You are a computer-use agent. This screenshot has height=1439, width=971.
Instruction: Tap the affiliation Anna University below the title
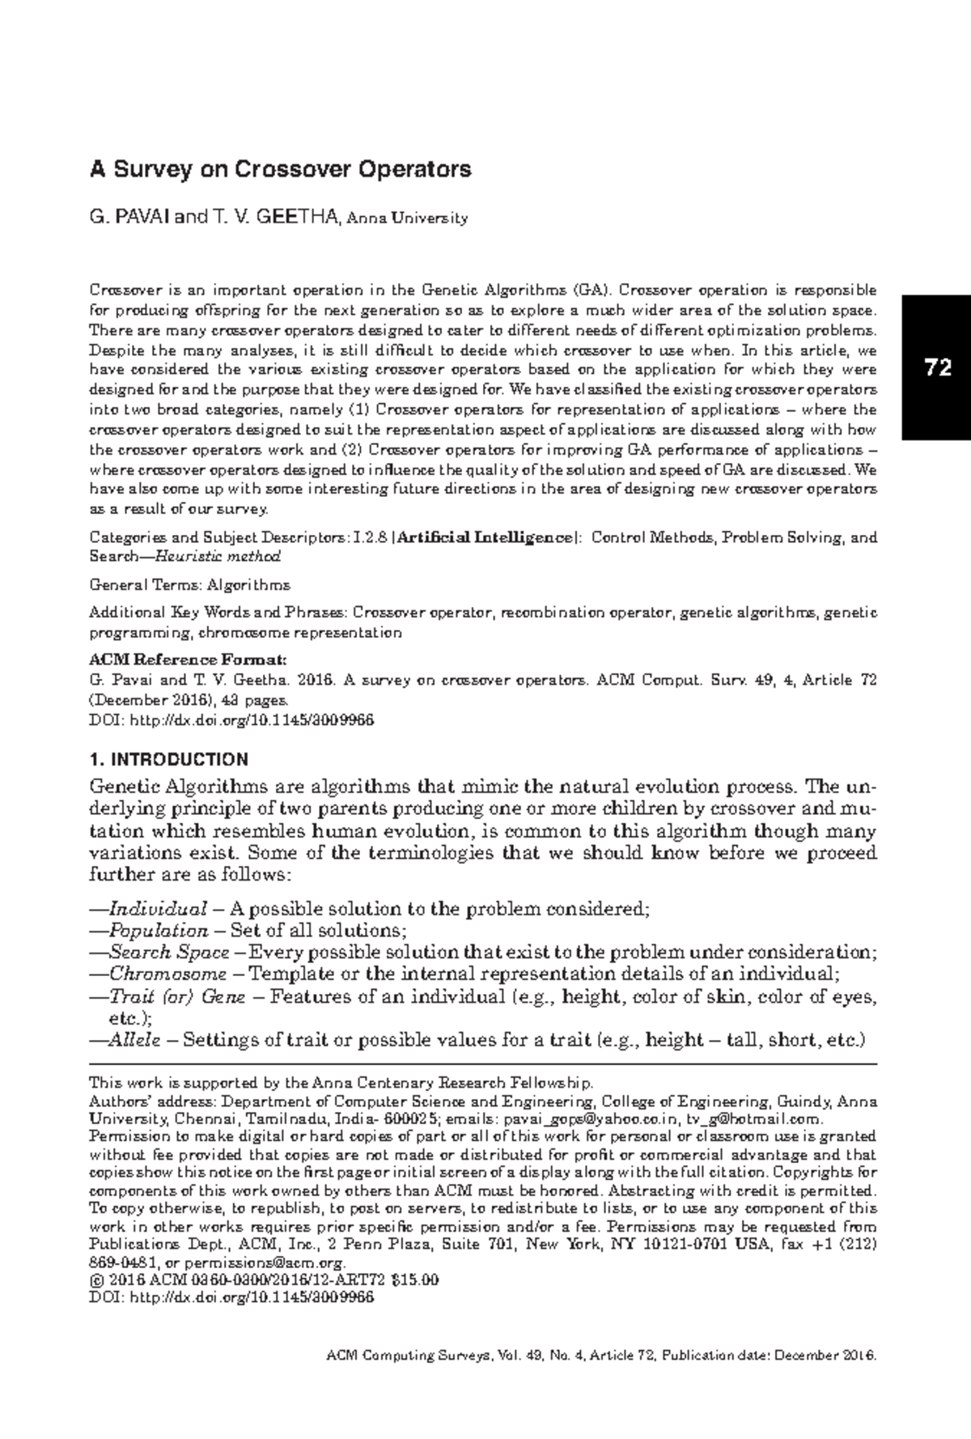click(407, 219)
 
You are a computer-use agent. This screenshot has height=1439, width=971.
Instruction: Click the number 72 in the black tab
click(937, 368)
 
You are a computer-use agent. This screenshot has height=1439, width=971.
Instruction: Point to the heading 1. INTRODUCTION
click(168, 759)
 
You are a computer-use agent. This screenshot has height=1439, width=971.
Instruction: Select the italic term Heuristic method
click(218, 556)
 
